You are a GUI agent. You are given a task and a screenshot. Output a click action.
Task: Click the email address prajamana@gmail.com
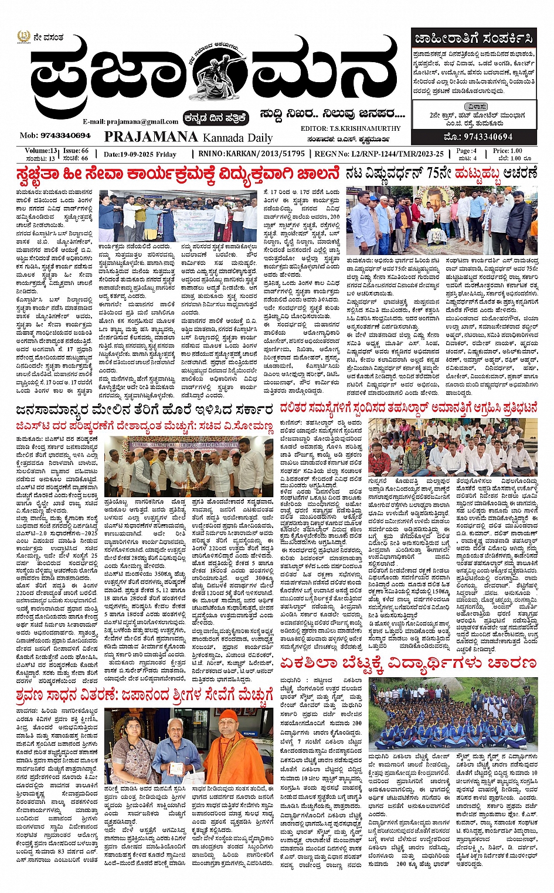point(130,121)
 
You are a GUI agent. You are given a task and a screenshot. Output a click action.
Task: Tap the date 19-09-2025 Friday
point(140,154)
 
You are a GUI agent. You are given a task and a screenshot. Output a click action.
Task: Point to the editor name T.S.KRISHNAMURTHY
point(351,128)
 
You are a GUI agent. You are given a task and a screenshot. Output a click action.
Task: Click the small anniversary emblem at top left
point(23,38)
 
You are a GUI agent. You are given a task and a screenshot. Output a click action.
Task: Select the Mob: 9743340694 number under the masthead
point(55,135)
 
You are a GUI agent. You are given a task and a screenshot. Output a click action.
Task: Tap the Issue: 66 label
point(76,151)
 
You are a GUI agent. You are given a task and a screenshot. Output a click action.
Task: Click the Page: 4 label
point(467,151)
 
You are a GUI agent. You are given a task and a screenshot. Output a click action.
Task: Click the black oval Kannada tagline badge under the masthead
point(215,117)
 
